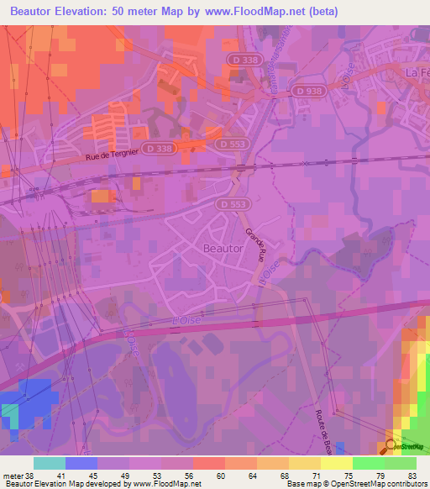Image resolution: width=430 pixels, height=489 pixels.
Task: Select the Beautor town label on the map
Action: (x=223, y=249)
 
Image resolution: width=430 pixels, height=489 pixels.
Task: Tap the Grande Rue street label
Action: (x=254, y=244)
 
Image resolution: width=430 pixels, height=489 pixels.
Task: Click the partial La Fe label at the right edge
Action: (x=417, y=72)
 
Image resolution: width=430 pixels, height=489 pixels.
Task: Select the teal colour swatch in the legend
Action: (x=49, y=463)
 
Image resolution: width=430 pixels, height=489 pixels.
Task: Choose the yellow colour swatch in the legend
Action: (x=336, y=463)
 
